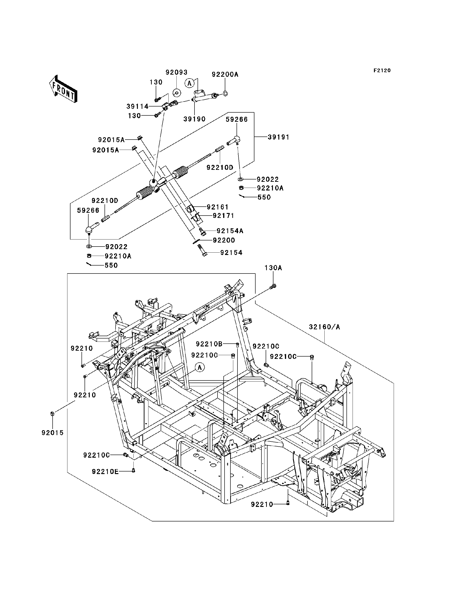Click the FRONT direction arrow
pyautogui.click(x=63, y=90)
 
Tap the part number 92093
pyautogui.click(x=176, y=72)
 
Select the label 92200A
pyautogui.click(x=225, y=75)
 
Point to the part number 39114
pyautogui.click(x=137, y=107)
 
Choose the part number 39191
pyautogui.click(x=279, y=137)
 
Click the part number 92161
pyautogui.click(x=218, y=207)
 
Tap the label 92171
pyautogui.click(x=223, y=216)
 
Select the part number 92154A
pyautogui.click(x=230, y=231)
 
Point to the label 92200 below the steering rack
pyautogui.click(x=224, y=240)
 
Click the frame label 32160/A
pyautogui.click(x=324, y=327)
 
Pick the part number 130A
pyautogui.click(x=273, y=268)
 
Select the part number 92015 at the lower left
pyautogui.click(x=52, y=433)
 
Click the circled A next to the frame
pyautogui.click(x=199, y=368)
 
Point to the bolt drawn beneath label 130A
pyautogui.click(x=273, y=287)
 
